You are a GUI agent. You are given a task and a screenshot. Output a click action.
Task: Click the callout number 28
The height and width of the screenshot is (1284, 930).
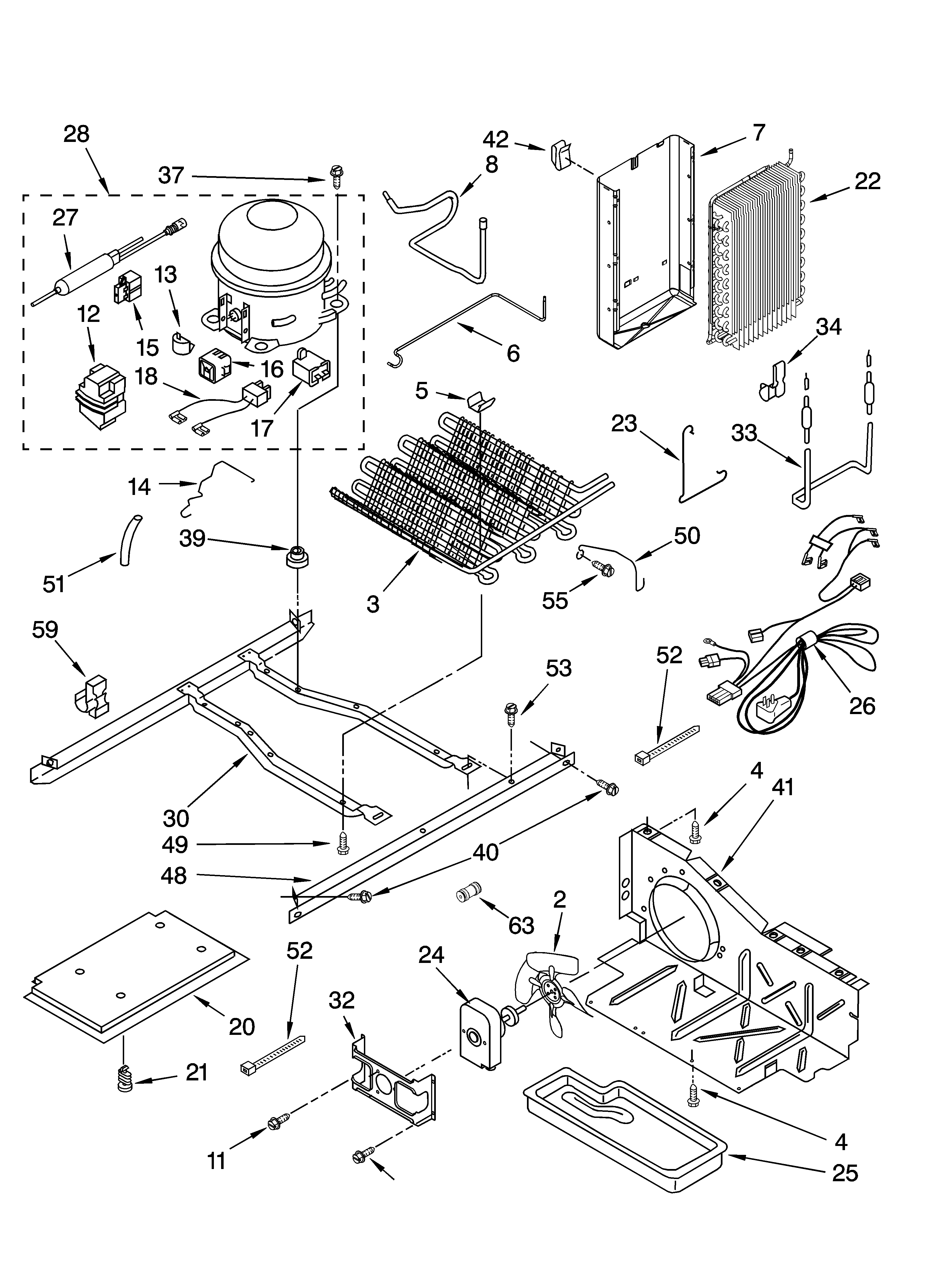[x=76, y=134]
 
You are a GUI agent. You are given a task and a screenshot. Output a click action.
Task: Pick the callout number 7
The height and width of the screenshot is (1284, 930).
[x=759, y=132]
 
